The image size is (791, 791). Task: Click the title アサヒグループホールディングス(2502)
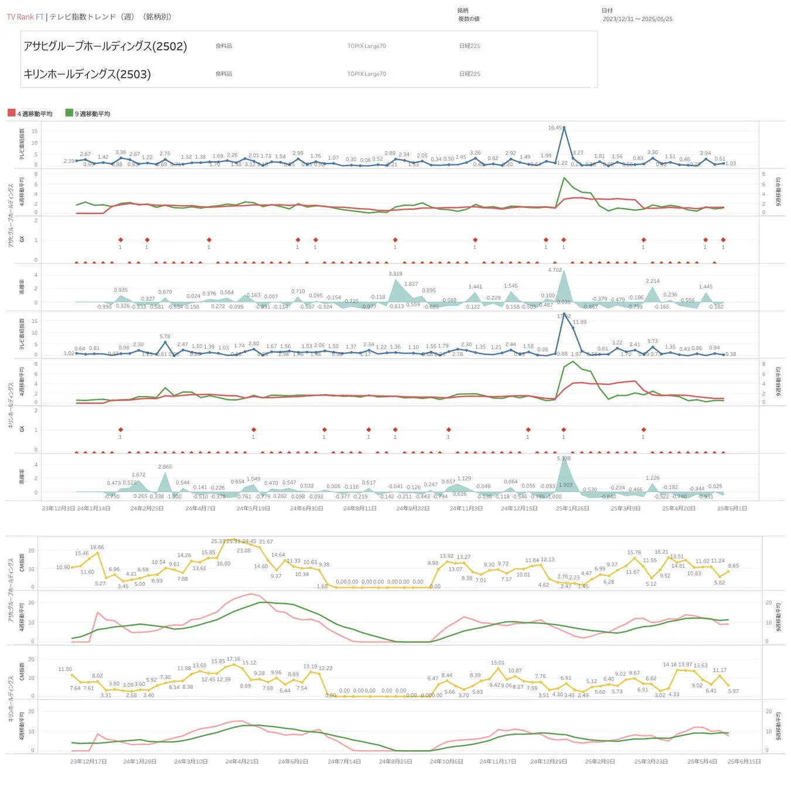105,46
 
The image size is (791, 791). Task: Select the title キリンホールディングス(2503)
87,74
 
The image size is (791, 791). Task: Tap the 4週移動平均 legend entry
30,114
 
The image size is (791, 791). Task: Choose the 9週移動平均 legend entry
88,114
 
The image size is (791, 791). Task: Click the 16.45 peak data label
554,128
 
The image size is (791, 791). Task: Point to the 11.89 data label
579,322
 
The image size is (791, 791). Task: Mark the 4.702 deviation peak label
555,270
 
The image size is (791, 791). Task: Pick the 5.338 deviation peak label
563,459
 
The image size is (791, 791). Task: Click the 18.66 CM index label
97,547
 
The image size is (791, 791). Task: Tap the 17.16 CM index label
233,659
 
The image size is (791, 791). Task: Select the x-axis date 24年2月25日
147,509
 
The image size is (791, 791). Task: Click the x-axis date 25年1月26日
572,509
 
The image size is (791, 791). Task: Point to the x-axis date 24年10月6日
446,762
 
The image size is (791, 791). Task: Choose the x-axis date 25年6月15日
744,762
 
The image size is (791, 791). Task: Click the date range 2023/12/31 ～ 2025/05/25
637,19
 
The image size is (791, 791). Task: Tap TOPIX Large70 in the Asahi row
367,46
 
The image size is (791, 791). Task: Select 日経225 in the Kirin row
470,74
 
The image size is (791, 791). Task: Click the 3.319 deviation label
395,274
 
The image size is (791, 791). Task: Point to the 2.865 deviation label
165,467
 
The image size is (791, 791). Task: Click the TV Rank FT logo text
25,17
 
